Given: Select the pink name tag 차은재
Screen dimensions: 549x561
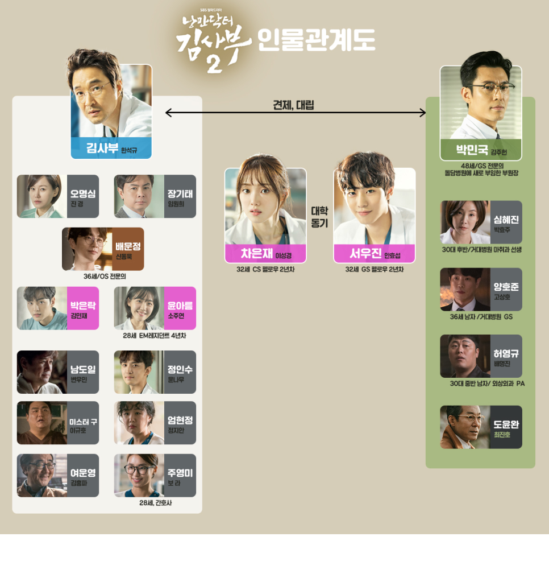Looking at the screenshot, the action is (265, 254).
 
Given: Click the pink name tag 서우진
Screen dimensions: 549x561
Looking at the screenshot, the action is (374, 254).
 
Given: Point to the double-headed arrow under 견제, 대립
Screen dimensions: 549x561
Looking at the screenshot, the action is (296, 113).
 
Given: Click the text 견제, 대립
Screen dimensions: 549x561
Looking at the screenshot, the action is (293, 105).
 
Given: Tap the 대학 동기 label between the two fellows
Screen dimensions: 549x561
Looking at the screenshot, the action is (320, 217).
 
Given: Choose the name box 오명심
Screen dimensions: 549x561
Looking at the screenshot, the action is (83, 196).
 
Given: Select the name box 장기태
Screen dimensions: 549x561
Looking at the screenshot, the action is (180, 196).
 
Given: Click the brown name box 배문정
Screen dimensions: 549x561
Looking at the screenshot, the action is (128, 249).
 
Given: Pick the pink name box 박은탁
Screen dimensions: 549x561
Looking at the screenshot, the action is (83, 308).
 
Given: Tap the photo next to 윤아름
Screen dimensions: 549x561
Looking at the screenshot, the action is (139, 308).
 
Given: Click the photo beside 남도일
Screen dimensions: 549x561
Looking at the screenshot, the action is (42, 372).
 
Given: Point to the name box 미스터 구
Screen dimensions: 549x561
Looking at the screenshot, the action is (83, 423).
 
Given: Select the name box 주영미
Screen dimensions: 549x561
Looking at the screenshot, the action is (180, 476).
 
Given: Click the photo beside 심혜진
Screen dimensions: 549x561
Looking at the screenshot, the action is (465, 222).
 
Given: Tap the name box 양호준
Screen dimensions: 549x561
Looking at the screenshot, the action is (506, 290).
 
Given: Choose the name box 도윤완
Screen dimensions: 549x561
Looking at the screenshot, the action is (506, 427).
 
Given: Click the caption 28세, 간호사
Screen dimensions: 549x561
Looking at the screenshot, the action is (155, 503).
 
